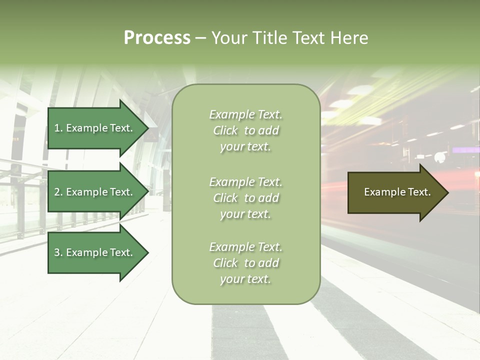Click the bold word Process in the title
(x=157, y=38)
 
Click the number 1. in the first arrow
(x=58, y=128)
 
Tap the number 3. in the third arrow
(x=58, y=253)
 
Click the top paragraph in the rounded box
(x=245, y=130)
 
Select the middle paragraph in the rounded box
(x=245, y=198)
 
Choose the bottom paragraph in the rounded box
(x=245, y=263)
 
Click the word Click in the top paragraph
(x=225, y=130)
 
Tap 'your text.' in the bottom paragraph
(x=245, y=279)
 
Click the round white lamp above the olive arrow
(x=440, y=158)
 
